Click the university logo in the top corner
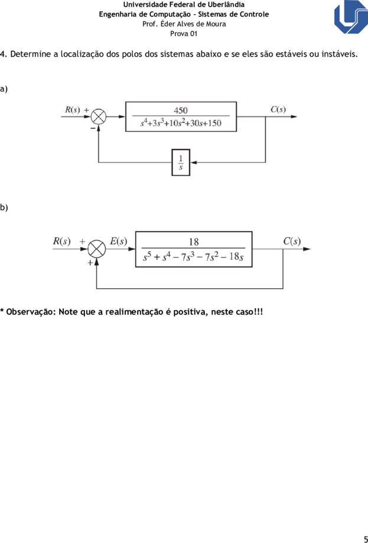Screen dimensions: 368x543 pos(350,17)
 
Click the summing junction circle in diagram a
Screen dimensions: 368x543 pos(99,117)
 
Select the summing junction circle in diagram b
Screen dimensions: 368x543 pos(97,249)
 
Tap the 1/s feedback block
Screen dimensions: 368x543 pos(181,162)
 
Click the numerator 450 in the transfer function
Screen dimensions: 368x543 pos(180,110)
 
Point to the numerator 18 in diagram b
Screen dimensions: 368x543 pos(194,242)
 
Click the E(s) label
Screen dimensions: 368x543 pos(118,241)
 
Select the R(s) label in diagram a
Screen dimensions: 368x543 pos(72,110)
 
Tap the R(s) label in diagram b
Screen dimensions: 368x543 pos(61,241)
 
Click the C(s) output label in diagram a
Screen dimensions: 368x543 pos(278,110)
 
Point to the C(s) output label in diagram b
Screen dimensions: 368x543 pos(292,241)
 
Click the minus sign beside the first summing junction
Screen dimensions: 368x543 pos(93,128)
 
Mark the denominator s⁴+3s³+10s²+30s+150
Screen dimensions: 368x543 pos(181,123)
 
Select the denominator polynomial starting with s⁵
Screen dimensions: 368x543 pos(194,257)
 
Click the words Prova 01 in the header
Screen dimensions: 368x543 pos(184,34)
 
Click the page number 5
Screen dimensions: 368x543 pos(366,538)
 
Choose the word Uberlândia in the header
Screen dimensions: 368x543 pos(227,5)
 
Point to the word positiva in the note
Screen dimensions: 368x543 pos(189,312)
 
